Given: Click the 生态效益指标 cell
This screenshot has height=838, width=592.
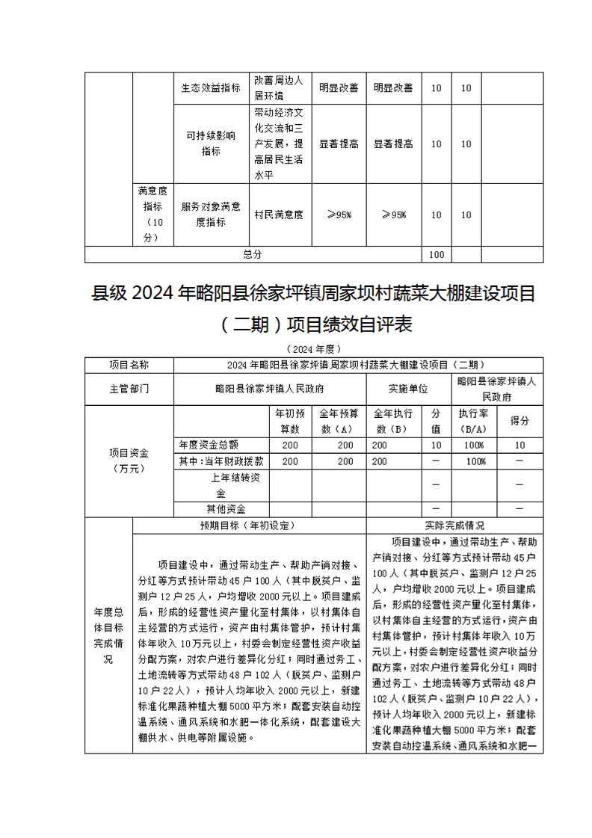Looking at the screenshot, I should [211, 88].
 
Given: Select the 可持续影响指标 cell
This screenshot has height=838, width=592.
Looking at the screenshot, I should [211, 143].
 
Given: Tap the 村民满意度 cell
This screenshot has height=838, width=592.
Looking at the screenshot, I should [278, 215].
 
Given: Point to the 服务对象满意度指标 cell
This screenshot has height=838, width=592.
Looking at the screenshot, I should [211, 215].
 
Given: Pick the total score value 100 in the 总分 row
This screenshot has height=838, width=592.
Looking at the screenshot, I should [437, 254].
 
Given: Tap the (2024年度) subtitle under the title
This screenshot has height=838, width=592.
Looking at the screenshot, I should [313, 348].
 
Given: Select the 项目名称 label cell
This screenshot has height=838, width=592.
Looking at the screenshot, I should [129, 365].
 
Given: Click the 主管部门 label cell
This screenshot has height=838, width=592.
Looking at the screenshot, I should [129, 389].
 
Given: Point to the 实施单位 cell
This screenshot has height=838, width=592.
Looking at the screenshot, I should [408, 389].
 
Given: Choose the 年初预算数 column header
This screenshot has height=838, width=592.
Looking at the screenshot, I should [289, 421].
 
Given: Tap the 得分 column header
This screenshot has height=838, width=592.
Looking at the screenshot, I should [519, 421].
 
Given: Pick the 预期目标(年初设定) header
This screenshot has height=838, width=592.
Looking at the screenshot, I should [248, 525].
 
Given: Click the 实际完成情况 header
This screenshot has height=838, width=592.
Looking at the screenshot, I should [454, 525].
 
